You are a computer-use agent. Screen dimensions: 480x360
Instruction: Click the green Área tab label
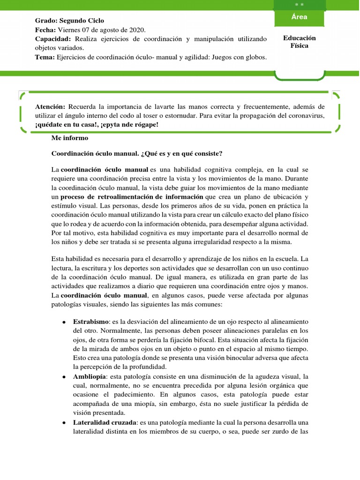point(299,17)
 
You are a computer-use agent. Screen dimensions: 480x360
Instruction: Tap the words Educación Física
point(299,42)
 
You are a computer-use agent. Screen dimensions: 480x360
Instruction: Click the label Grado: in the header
point(46,21)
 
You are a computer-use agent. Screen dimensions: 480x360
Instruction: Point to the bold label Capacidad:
point(53,38)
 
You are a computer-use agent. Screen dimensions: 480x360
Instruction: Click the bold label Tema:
point(45,57)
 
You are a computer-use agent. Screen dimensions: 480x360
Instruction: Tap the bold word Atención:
point(51,107)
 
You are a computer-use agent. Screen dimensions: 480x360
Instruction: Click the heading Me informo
point(69,139)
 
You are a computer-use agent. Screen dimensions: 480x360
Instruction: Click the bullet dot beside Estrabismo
point(63,322)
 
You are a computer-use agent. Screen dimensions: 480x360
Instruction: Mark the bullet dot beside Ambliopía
point(63,377)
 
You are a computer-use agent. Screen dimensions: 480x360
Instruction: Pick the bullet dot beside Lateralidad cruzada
point(63,423)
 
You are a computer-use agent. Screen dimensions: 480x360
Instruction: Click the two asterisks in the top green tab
point(299,4)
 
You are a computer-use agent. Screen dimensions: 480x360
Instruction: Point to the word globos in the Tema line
point(253,57)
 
